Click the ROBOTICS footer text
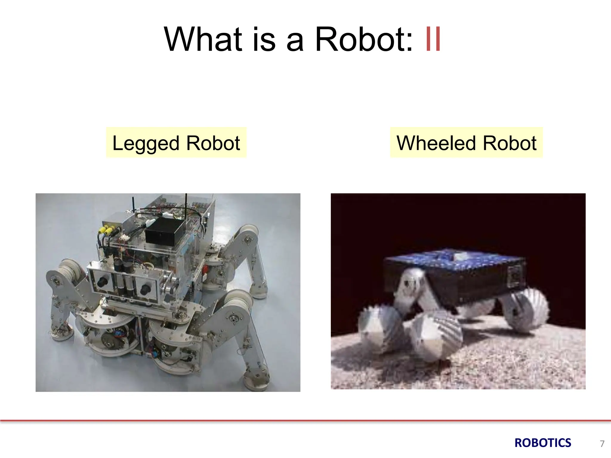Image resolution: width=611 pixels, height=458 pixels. (x=543, y=443)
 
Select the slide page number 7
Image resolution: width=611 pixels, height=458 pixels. (x=602, y=444)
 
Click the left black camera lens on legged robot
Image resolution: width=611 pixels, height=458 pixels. (x=103, y=281)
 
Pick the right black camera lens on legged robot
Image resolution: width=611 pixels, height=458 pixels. (x=146, y=288)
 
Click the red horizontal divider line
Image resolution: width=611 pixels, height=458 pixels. (x=305, y=421)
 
